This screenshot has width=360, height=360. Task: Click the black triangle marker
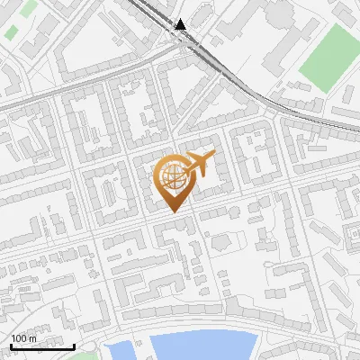coord(182,24)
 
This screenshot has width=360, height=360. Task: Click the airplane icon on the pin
coord(198,163)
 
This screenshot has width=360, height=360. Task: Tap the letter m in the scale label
coord(32,337)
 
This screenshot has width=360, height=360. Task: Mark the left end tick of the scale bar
coord(11,345)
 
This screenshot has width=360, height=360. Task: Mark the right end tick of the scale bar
coord(74,345)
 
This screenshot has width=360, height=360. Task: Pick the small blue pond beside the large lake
coord(121,351)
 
